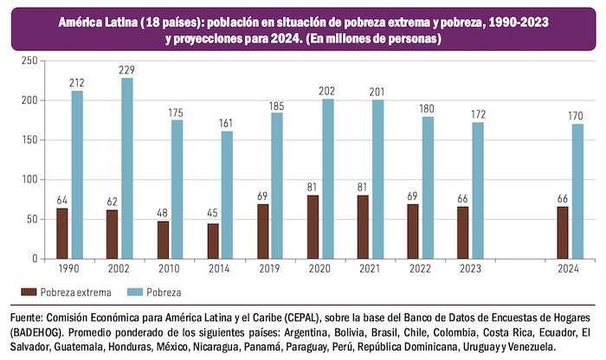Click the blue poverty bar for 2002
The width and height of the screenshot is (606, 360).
[126, 168]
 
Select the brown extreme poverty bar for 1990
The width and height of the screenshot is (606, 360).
[62, 233]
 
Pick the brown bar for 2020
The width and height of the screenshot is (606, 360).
[313, 227]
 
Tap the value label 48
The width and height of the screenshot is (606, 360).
[162, 214]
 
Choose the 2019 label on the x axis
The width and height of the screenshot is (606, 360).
[262, 270]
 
